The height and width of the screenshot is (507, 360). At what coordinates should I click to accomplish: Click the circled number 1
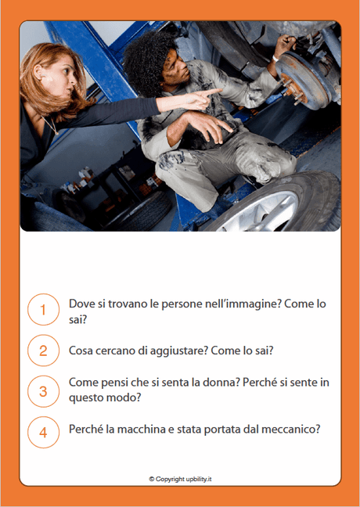43,310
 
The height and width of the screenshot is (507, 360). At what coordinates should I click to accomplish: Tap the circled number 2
43,351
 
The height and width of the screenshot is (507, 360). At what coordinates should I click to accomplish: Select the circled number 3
43,390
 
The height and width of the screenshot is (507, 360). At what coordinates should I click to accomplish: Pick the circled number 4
43,431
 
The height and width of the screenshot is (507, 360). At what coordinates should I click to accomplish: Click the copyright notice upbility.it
180,478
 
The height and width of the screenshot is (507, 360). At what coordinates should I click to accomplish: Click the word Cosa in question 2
82,351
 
